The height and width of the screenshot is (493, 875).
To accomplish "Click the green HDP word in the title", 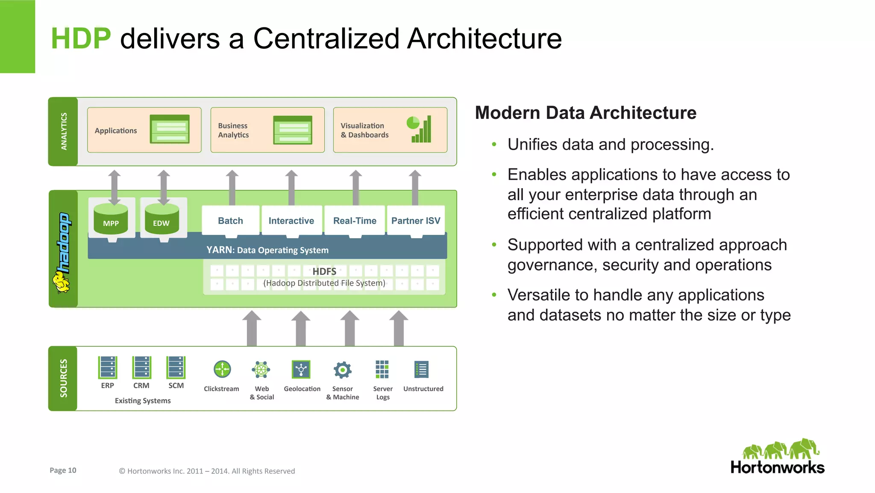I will click(x=81, y=38).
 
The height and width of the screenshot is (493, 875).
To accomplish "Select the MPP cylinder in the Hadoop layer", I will click(x=111, y=219).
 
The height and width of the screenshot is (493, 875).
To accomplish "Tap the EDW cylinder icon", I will click(x=161, y=219).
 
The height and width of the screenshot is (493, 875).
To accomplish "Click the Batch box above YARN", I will click(x=230, y=221).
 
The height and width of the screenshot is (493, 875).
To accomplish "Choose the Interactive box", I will click(x=291, y=221).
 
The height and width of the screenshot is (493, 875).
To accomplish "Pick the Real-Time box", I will click(x=355, y=221).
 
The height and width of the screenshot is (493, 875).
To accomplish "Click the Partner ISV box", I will click(x=416, y=221).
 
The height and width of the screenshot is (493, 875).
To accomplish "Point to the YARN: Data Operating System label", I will click(x=267, y=250).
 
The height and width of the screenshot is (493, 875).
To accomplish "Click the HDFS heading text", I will click(x=324, y=272).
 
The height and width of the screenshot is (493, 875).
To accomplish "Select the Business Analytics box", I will click(x=267, y=130).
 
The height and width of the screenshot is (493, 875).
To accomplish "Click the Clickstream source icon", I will click(x=222, y=369).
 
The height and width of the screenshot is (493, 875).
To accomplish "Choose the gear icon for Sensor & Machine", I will click(x=342, y=370).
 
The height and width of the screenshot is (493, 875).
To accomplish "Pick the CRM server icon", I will click(x=141, y=367).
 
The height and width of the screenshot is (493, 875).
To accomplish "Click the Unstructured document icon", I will click(x=421, y=369).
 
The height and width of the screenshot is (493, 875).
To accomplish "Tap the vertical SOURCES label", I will click(x=63, y=378).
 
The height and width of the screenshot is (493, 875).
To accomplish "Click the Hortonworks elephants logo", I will click(x=781, y=449).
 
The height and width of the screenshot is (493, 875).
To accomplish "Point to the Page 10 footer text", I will click(x=63, y=470).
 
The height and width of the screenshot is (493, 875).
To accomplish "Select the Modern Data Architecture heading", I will click(x=585, y=113).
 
